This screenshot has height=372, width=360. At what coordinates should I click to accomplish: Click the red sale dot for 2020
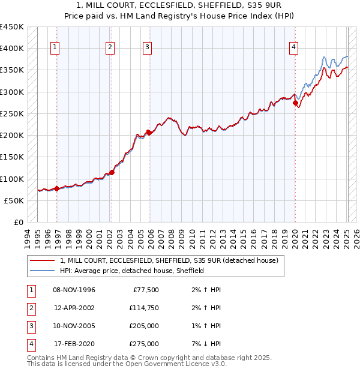point(295,103)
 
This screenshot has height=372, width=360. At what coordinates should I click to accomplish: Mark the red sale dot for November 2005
point(148,133)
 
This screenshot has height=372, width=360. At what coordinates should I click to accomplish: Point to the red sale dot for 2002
point(112,172)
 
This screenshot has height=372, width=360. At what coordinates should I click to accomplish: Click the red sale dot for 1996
point(56,188)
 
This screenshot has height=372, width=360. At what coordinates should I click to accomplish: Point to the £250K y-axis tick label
point(12,113)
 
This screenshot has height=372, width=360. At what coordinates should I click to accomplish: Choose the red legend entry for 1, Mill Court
point(169,260)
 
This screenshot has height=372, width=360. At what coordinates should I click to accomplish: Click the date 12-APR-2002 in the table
point(74,308)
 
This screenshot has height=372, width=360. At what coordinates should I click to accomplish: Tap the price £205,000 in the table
point(144,326)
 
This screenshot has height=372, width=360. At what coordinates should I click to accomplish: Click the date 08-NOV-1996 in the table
point(74,290)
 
